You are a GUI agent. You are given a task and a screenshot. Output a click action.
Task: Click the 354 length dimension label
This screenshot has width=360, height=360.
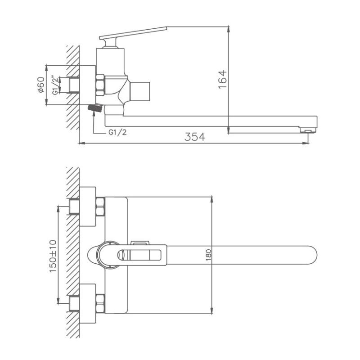195,137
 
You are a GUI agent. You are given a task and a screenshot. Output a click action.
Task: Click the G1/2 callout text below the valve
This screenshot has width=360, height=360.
117,133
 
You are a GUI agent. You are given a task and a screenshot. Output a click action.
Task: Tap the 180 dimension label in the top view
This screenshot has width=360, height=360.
208,255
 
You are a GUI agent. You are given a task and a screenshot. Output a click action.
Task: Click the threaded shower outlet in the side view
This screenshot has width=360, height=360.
95,108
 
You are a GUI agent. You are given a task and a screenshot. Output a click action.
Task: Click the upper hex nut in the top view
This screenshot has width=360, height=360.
100,207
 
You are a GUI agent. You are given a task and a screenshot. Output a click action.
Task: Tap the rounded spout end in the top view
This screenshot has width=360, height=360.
310,255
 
